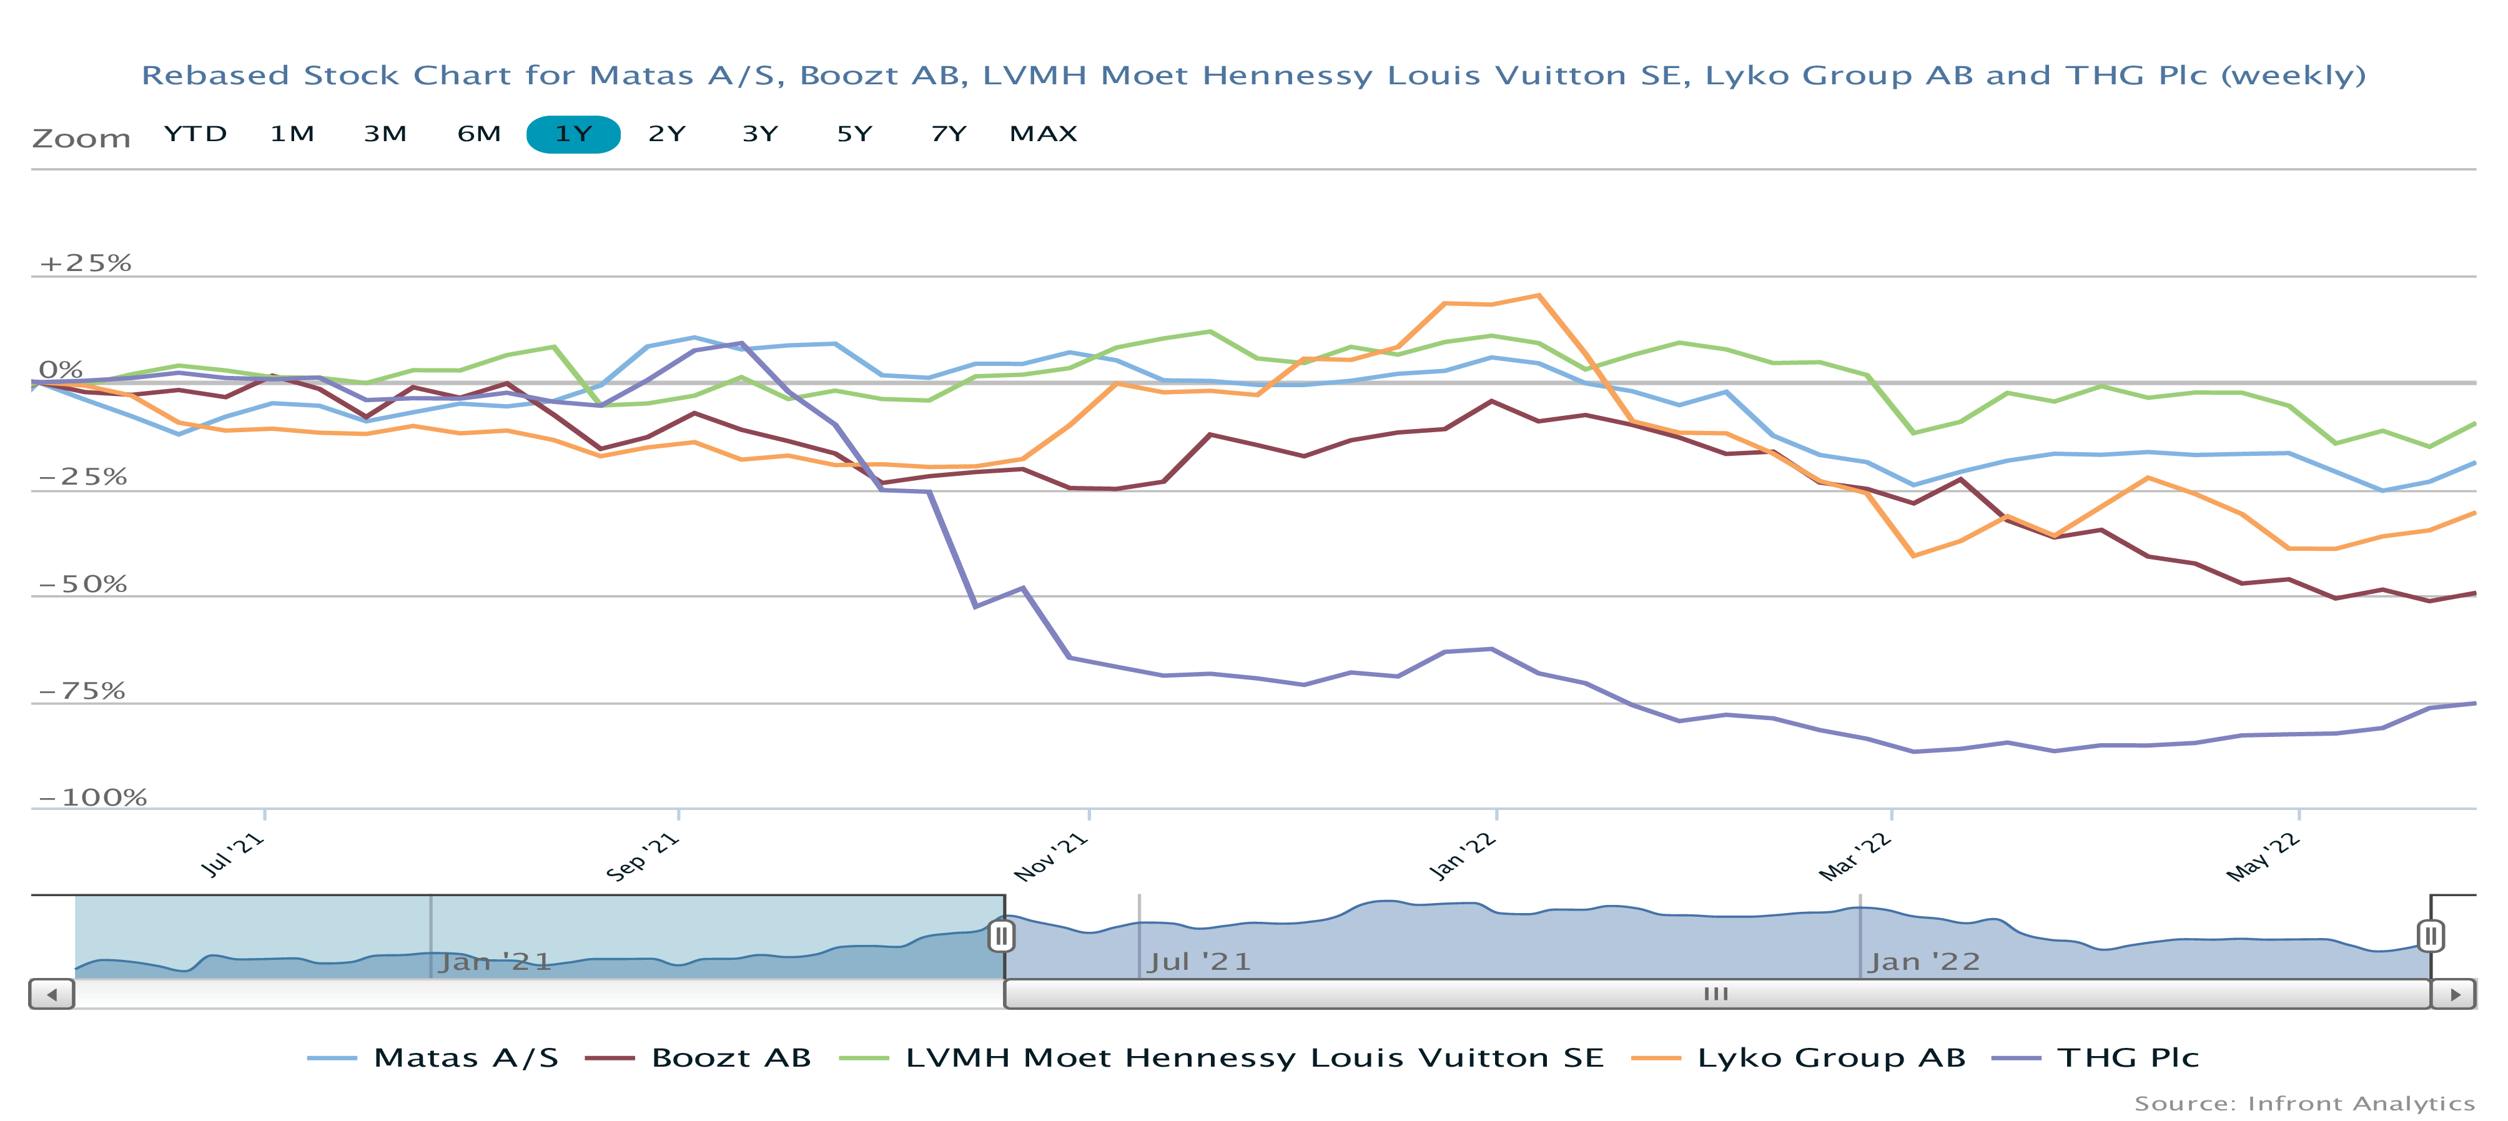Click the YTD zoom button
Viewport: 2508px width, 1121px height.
(x=195, y=134)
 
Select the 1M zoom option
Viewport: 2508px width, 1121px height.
(x=292, y=134)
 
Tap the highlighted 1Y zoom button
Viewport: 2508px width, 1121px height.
(x=573, y=134)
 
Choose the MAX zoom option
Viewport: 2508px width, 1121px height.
(x=1043, y=134)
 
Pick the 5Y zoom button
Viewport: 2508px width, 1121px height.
(x=854, y=134)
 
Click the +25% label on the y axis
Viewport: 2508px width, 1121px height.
(x=85, y=263)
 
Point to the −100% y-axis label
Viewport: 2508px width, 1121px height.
(x=92, y=798)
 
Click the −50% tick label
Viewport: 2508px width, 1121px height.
(x=83, y=585)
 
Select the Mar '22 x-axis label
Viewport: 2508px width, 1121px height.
(x=1855, y=856)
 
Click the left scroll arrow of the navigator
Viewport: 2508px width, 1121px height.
(x=52, y=994)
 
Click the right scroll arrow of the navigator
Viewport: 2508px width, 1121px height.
(x=2454, y=994)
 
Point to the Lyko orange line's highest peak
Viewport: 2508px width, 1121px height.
(x=1538, y=295)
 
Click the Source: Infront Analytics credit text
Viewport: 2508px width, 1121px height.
(x=2304, y=1104)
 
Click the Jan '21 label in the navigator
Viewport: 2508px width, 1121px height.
(x=495, y=962)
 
